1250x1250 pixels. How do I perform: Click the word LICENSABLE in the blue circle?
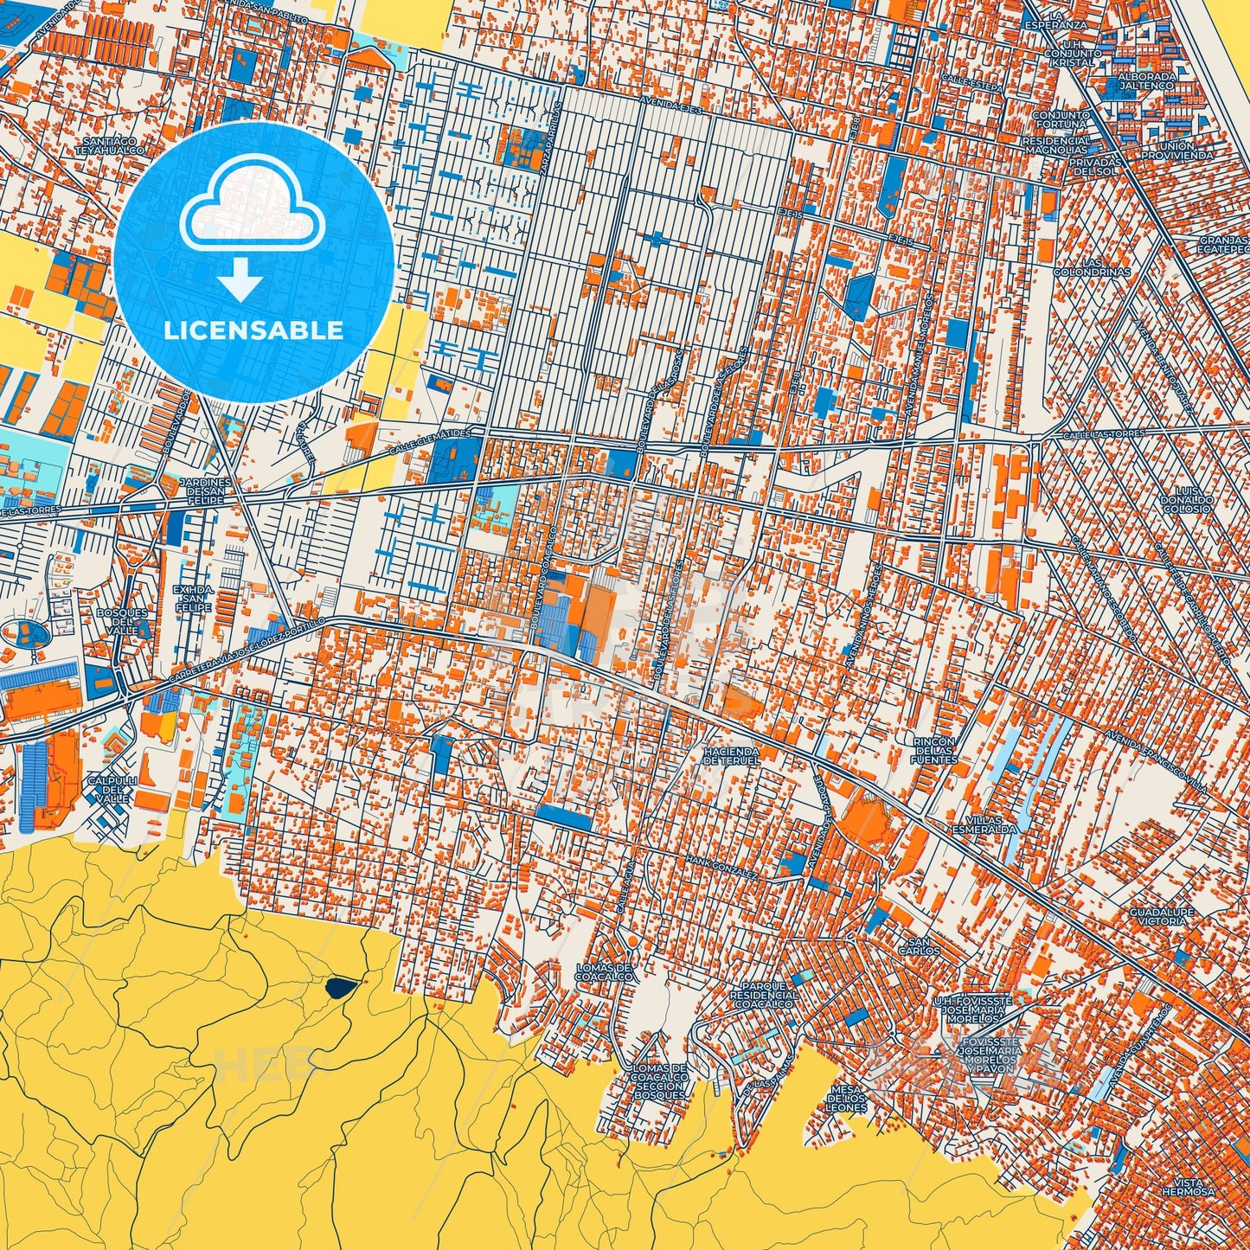pos(253,330)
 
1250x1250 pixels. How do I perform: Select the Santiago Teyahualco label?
pos(112,144)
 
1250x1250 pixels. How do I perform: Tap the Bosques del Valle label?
pos(122,621)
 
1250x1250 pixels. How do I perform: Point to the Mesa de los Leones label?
pos(846,1098)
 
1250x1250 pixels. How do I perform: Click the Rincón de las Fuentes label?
pos(934,750)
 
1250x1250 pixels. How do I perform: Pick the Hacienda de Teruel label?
pos(732,756)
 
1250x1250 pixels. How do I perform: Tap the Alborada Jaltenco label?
pos(1147,81)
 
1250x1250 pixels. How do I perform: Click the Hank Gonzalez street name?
pos(723,867)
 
